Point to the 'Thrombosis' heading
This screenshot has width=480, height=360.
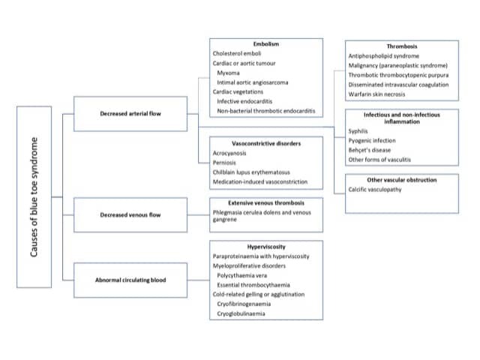[401, 46]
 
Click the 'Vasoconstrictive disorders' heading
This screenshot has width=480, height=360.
[266, 142]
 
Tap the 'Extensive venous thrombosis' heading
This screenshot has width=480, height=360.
[266, 202]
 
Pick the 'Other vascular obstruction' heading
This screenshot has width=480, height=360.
[401, 180]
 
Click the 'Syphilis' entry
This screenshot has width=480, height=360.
[358, 130]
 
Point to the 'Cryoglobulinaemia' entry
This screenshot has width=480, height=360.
[244, 314]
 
